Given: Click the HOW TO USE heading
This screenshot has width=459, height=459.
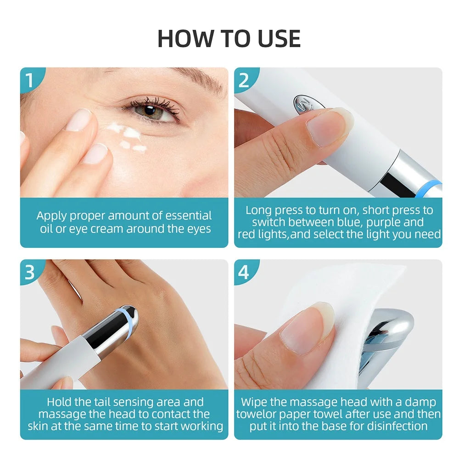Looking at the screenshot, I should point(229,39).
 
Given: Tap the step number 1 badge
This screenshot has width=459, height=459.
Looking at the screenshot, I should point(30,79).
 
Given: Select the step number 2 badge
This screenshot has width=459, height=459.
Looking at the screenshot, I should point(244,80).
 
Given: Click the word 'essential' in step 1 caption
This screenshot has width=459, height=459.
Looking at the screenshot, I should point(189,215).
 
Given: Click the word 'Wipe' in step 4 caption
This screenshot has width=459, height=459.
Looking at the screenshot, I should point(254,402).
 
